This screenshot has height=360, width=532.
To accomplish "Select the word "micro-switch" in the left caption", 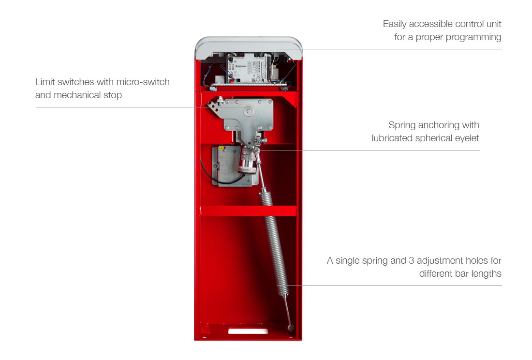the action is tap(143, 82).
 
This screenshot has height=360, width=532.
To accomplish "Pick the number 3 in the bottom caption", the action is tap(411, 261).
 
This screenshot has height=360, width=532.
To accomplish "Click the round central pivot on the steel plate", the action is tap(249, 111).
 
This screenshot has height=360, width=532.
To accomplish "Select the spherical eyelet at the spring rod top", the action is tap(256, 150).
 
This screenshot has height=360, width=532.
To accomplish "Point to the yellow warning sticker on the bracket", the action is tap(221, 148).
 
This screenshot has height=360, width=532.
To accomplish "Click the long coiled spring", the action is tap(275, 243).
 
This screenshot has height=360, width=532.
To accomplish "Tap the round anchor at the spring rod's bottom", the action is tap(291, 328).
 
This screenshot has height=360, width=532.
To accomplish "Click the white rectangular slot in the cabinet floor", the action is tap(248, 331).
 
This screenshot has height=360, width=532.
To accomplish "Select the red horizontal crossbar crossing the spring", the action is tap(249, 210).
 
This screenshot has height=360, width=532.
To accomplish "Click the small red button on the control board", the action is tap(233, 81).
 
